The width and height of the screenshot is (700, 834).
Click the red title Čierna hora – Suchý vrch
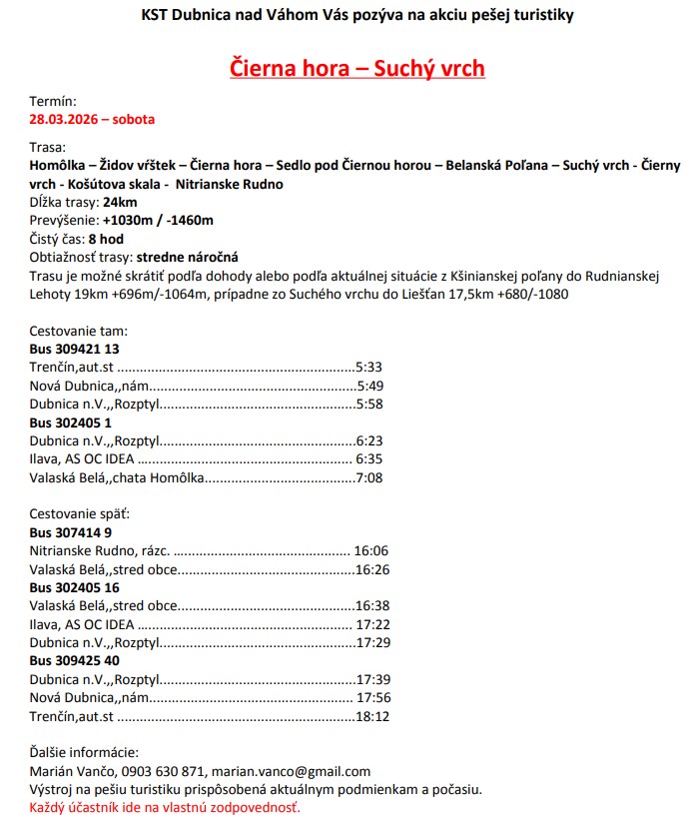pyautogui.click(x=357, y=68)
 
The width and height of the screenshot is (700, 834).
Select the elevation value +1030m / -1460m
pyautogui.click(x=158, y=220)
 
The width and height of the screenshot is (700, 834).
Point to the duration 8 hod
pyautogui.click(x=106, y=239)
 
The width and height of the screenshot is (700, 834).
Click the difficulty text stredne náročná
pyautogui.click(x=187, y=257)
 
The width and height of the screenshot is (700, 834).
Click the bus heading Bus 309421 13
pyautogui.click(x=75, y=349)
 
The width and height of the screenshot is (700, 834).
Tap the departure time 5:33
pyautogui.click(x=369, y=368)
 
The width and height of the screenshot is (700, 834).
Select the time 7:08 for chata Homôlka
pyautogui.click(x=369, y=477)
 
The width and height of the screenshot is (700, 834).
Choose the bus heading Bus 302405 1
pyautogui.click(x=70, y=422)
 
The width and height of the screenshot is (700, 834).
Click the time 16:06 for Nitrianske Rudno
pyautogui.click(x=371, y=550)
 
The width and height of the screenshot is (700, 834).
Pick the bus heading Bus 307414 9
pyautogui.click(x=70, y=532)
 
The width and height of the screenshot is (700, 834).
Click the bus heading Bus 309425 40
pyautogui.click(x=75, y=660)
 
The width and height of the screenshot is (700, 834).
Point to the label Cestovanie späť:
pyautogui.click(x=80, y=514)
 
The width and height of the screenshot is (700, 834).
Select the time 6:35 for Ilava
pyautogui.click(x=369, y=459)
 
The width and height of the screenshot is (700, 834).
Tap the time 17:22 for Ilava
pyautogui.click(x=371, y=624)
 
